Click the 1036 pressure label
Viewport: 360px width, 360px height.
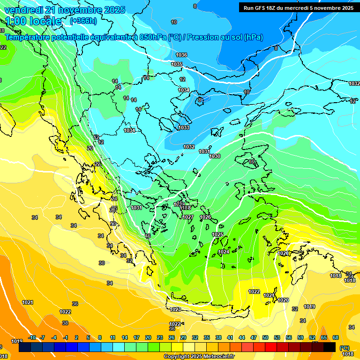click(x=181, y=55)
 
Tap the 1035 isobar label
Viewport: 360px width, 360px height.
click(x=177, y=64)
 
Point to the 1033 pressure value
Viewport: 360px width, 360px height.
click(x=184, y=127)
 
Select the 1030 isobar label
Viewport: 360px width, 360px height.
click(x=215, y=156)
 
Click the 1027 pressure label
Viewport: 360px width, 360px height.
click(x=188, y=217)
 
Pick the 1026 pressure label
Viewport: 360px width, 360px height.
click(x=205, y=217)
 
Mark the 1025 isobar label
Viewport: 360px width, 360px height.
click(x=217, y=234)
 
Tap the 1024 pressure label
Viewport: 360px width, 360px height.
click(x=224, y=252)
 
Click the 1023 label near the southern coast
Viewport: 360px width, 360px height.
click(x=175, y=309)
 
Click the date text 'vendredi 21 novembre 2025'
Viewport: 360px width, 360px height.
click(x=65, y=10)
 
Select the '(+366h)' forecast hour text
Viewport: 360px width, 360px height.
click(x=83, y=21)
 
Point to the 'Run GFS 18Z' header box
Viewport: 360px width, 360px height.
click(x=299, y=7)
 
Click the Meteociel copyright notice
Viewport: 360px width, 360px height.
click(x=199, y=357)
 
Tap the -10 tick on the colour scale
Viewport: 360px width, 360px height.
click(x=32, y=337)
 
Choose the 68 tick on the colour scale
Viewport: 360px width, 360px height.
click(x=336, y=337)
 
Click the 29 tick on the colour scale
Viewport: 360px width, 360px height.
click(x=183, y=337)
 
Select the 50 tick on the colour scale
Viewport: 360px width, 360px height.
click(x=265, y=337)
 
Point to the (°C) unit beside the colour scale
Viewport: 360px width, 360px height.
click(x=345, y=348)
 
